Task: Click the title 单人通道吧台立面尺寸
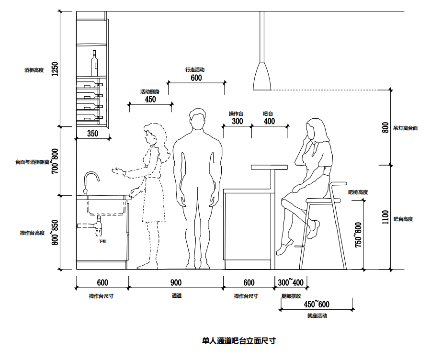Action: (239, 341)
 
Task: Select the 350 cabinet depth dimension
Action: (93, 134)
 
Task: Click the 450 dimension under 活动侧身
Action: (150, 100)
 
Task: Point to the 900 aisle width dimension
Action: (176, 283)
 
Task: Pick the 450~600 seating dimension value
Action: (317, 304)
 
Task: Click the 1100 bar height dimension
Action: (385, 218)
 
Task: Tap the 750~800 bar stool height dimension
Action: (358, 234)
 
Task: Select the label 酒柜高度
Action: (34, 70)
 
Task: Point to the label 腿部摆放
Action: (292, 296)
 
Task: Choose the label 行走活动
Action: (195, 70)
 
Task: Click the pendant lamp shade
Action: (262, 77)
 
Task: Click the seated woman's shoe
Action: (284, 248)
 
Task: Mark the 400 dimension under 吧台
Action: (269, 122)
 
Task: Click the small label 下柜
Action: (102, 242)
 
